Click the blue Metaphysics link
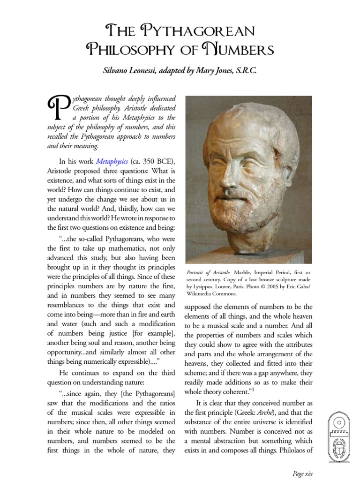pos(112,161)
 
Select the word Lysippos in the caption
pos(205,287)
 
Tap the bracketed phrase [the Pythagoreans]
pos(148,392)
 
